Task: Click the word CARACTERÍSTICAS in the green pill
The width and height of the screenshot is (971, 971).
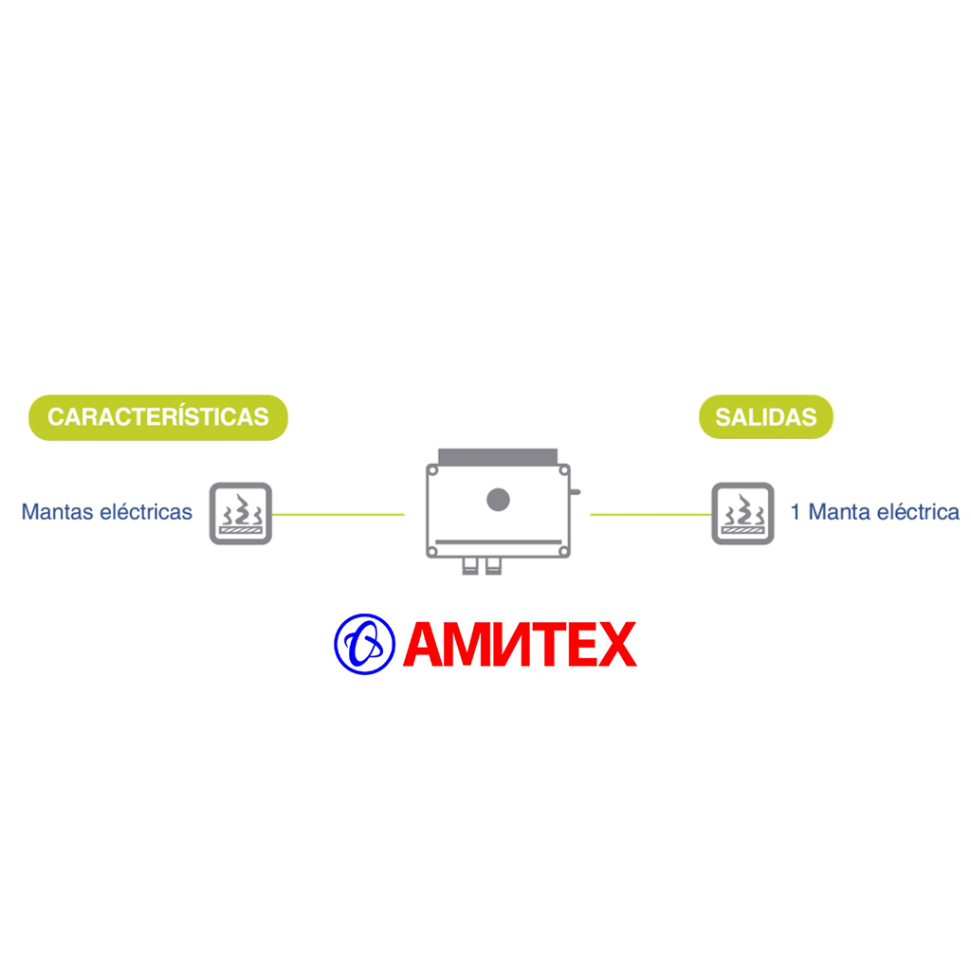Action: point(158,417)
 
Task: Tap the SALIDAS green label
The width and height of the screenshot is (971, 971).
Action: point(766,417)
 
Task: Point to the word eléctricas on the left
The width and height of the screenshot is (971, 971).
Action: point(146,512)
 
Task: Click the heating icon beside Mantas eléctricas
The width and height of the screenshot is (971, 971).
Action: point(241,513)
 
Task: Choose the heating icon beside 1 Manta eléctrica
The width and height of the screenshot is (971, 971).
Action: point(743,513)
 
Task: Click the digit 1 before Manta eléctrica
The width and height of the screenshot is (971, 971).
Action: point(796,512)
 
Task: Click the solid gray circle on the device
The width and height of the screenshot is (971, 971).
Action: point(498,500)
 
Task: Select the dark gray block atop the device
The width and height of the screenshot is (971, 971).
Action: point(498,456)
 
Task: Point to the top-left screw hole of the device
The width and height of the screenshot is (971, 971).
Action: point(432,471)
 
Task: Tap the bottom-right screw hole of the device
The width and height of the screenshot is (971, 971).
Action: point(563,551)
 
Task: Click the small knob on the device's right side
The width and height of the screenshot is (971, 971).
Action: point(576,492)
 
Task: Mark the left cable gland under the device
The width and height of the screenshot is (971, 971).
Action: point(470,566)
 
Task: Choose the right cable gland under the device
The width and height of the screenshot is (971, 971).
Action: point(493,566)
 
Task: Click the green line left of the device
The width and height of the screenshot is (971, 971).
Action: point(339,515)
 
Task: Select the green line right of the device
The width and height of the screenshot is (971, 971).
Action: point(650,515)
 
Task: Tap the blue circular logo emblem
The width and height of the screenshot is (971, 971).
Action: point(364,644)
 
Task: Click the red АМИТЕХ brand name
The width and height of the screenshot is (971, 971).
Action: point(520,644)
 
